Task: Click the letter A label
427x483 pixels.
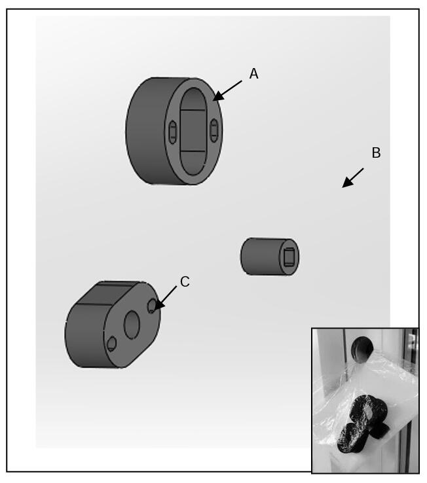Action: pos(253,73)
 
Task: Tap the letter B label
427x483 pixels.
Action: pos(376,152)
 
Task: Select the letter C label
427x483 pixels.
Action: pos(185,282)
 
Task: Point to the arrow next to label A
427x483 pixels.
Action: pos(227,90)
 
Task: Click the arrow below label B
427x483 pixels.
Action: pos(353,178)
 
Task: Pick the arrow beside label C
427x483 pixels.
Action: pos(166,298)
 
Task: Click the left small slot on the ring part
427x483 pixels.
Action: pos(173,132)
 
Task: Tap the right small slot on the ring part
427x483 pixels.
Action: pos(214,130)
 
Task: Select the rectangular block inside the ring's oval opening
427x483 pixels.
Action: pos(193,131)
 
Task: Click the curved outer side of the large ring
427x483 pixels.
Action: pos(145,131)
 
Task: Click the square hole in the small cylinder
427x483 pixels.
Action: pos(289,257)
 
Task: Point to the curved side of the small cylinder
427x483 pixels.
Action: pos(261,257)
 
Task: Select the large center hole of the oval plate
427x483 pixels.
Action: pos(132,325)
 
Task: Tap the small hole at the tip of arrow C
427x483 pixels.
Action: pos(152,306)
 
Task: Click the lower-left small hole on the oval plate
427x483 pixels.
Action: pos(111,344)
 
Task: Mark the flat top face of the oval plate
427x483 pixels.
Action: pos(107,293)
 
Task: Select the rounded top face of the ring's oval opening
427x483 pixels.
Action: pos(193,99)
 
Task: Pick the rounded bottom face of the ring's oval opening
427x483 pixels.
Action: pos(193,163)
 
